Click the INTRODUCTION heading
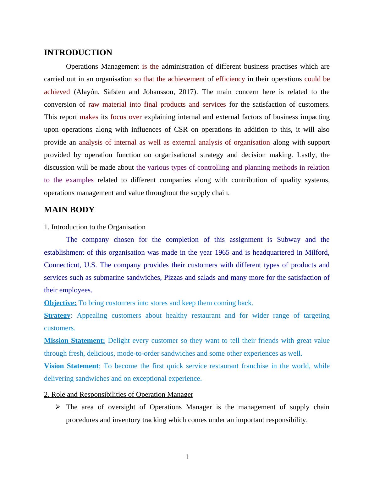tap(78, 53)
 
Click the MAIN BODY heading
tap(69, 210)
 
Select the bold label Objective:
tap(60, 303)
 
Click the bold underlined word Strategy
tap(57, 316)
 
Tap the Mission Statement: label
tap(74, 341)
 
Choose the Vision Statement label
tap(71, 366)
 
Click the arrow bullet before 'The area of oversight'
tap(58, 407)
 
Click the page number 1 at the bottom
tap(187, 457)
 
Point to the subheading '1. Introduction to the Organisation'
tap(95, 227)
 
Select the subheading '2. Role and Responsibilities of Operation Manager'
tap(118, 395)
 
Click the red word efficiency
tap(230, 79)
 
